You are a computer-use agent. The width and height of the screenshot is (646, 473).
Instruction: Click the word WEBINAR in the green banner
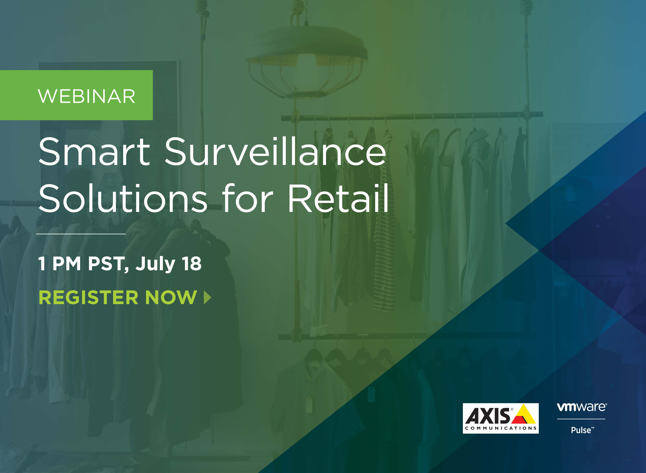click(x=87, y=96)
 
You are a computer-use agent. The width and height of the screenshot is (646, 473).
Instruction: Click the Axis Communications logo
click(x=501, y=418)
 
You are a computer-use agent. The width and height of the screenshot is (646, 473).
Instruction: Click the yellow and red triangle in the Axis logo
click(x=523, y=414)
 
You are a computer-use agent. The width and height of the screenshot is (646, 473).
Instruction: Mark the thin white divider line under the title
click(x=81, y=234)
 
